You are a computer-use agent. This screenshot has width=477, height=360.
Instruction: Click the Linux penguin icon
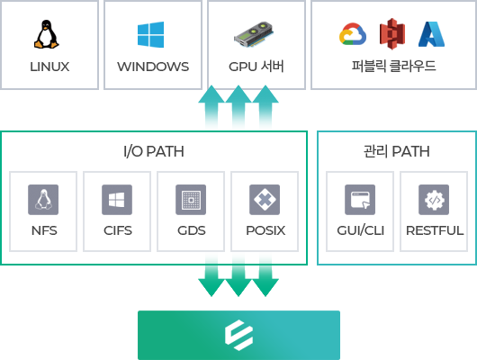tap(46, 34)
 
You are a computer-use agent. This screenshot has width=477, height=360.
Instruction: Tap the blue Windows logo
tap(150, 34)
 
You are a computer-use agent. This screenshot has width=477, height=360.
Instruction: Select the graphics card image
tap(254, 34)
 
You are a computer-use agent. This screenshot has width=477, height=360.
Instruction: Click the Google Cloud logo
tap(353, 34)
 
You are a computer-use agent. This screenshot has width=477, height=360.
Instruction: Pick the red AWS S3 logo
tap(392, 34)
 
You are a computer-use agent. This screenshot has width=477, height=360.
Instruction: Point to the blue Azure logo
tap(431, 34)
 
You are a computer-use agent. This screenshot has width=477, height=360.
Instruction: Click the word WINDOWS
tap(153, 67)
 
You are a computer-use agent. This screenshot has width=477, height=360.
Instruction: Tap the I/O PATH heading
tap(154, 151)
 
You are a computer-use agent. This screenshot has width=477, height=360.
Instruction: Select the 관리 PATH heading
tap(396, 151)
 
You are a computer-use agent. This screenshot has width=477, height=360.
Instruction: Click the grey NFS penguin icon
tap(43, 200)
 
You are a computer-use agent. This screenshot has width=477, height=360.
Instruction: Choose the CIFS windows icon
tap(117, 200)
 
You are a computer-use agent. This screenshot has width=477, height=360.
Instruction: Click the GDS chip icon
tap(191, 200)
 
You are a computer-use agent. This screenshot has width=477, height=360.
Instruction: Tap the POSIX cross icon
tap(265, 200)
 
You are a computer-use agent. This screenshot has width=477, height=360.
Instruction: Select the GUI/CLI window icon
tap(360, 200)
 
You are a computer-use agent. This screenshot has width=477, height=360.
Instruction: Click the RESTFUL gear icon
tap(434, 200)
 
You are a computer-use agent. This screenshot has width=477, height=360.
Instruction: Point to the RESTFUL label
tap(435, 230)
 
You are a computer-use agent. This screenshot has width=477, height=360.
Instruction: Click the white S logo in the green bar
tap(238, 335)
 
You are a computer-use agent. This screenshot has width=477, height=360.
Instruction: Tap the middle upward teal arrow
tap(238, 106)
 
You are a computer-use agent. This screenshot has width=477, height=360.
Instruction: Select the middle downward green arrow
tap(238, 275)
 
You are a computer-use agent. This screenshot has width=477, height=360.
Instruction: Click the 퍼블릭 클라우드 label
tap(393, 66)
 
